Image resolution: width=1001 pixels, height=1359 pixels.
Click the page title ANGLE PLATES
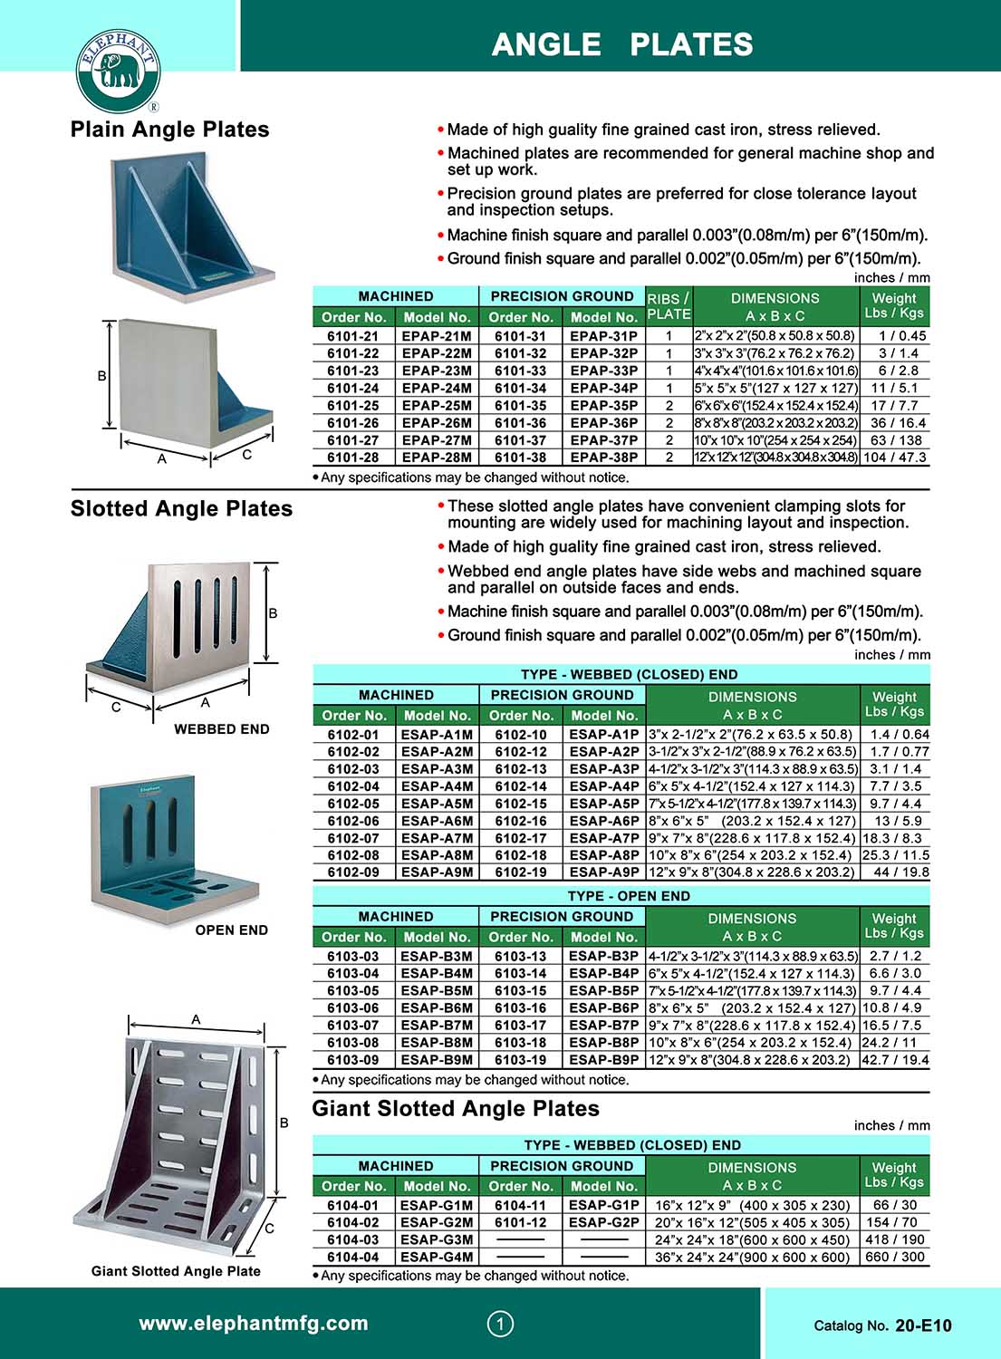pyautogui.click(x=622, y=44)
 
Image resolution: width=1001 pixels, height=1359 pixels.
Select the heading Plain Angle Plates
pyautogui.click(x=170, y=130)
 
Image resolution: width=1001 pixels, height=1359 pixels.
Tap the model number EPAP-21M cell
pyautogui.click(x=437, y=336)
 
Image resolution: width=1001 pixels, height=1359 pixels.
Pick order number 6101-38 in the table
pyautogui.click(x=520, y=458)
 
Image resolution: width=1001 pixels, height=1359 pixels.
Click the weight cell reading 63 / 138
pyautogui.click(x=894, y=440)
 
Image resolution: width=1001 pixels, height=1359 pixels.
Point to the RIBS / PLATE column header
pyautogui.click(x=669, y=306)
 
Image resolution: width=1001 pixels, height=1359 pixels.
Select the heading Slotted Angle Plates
pyautogui.click(x=182, y=509)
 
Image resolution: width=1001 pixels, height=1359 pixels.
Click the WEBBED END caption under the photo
pyautogui.click(x=222, y=728)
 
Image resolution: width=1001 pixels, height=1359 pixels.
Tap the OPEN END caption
pyautogui.click(x=232, y=930)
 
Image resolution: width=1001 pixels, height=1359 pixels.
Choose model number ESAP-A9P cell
pyautogui.click(x=604, y=872)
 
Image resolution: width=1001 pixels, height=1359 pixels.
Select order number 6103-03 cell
pyautogui.click(x=353, y=956)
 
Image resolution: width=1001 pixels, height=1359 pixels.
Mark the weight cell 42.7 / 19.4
pyautogui.click(x=894, y=1060)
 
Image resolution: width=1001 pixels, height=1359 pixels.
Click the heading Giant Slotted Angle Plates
pyautogui.click(x=456, y=1109)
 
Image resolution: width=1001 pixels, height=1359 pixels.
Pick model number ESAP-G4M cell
pyautogui.click(x=437, y=1258)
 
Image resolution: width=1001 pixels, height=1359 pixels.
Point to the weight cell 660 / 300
pyautogui.click(x=894, y=1258)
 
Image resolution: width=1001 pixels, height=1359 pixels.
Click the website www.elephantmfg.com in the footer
pyautogui.click(x=254, y=1323)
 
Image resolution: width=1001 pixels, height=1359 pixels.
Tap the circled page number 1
pyautogui.click(x=500, y=1324)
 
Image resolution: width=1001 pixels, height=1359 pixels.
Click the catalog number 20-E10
pyautogui.click(x=923, y=1325)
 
